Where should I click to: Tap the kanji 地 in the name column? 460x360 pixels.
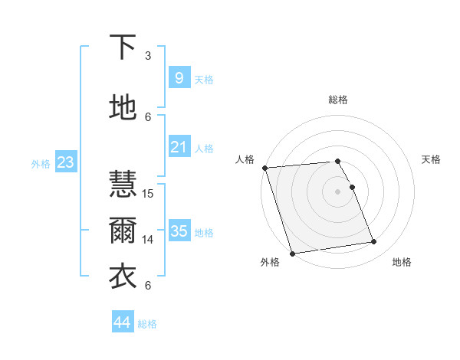[x=123, y=108]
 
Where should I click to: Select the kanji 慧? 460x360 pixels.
[x=123, y=185]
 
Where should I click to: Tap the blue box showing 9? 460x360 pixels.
[x=179, y=78]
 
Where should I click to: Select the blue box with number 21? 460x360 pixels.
[x=179, y=147]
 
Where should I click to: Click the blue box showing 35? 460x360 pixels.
[x=179, y=231]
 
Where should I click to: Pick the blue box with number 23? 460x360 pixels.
[x=65, y=162]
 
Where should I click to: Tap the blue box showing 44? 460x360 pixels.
[x=122, y=322]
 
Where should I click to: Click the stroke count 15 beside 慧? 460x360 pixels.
[x=149, y=193]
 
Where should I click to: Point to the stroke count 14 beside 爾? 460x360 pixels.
[x=149, y=239]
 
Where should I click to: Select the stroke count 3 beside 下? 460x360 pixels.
[x=148, y=55]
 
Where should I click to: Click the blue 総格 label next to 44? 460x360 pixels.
[x=147, y=324]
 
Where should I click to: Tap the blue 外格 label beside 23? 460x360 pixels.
[x=41, y=163]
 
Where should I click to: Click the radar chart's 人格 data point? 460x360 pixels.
[x=264, y=168]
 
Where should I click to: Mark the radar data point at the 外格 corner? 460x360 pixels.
[x=292, y=253]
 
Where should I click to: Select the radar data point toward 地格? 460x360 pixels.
[x=373, y=242]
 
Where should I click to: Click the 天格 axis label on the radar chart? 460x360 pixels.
[x=431, y=159]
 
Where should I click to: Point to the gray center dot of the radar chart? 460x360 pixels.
[x=337, y=191]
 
